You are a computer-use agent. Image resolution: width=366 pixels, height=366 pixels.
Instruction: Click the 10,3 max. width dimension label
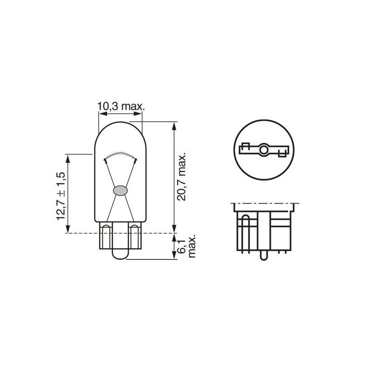121,107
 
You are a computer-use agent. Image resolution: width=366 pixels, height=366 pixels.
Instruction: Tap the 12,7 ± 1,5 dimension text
61,196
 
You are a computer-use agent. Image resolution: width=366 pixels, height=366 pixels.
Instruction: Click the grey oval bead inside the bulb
120,190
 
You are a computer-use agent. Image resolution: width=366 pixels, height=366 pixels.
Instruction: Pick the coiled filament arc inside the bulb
120,154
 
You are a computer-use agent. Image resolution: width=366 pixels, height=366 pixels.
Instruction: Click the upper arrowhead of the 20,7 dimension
174,124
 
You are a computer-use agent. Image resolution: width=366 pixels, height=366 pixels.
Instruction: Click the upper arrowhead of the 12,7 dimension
69,157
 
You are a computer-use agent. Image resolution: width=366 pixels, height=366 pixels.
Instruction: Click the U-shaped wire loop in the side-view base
246,229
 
